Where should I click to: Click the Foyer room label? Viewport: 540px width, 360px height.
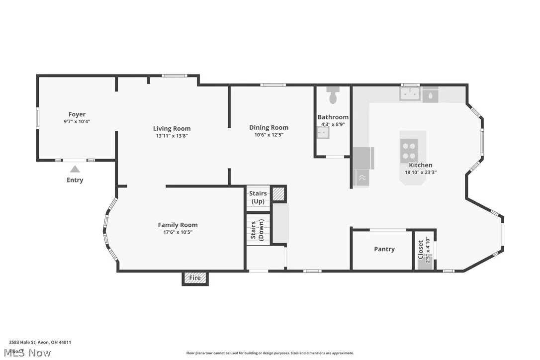click(77, 114)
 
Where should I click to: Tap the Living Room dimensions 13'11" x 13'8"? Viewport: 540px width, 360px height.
click(172, 135)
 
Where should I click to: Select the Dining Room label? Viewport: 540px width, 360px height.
click(269, 127)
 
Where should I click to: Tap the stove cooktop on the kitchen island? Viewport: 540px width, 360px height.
click(409, 151)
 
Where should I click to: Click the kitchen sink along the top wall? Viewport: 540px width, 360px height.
click(411, 94)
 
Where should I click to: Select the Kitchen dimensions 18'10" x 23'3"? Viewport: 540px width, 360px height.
click(421, 173)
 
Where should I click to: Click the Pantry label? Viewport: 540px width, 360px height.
click(384, 249)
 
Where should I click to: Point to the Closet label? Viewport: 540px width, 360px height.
click(421, 250)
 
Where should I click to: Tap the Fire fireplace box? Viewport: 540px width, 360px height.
click(195, 278)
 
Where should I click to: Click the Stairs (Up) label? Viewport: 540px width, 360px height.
click(258, 197)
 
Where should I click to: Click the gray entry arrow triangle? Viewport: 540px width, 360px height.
click(75, 169)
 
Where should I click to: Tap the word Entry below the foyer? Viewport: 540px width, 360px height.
click(75, 180)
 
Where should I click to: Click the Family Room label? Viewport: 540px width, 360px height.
click(178, 225)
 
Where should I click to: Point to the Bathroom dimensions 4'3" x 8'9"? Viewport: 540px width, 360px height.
click(333, 124)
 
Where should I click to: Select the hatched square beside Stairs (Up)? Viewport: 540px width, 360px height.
click(279, 194)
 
